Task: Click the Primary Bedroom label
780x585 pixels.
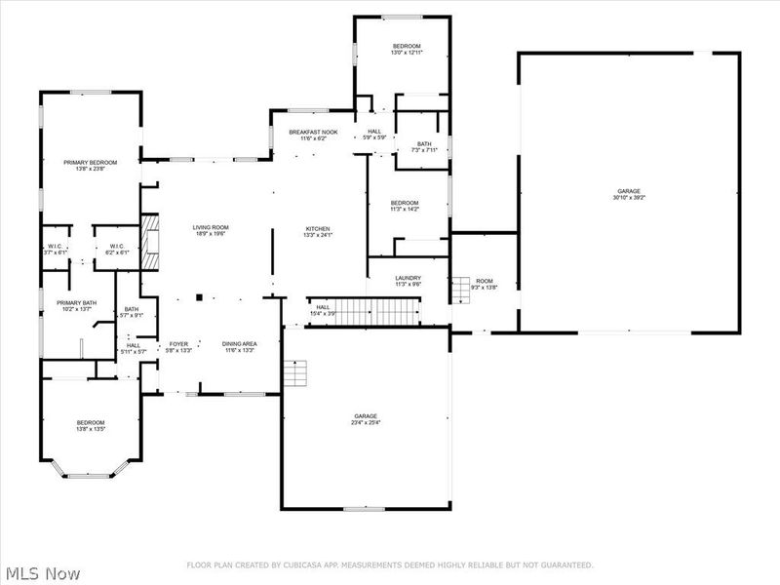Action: pyautogui.click(x=90, y=162)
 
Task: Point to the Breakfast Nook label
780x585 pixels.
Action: pyautogui.click(x=313, y=132)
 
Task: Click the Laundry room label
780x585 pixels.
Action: pyautogui.click(x=408, y=279)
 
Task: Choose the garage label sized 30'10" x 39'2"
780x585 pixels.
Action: pyautogui.click(x=629, y=191)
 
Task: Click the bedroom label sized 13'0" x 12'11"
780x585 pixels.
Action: pyautogui.click(x=407, y=47)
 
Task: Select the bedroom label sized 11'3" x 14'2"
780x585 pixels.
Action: pyautogui.click(x=405, y=203)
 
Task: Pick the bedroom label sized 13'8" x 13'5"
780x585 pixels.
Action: pyautogui.click(x=91, y=422)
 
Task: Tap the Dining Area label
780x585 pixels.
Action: pyautogui.click(x=239, y=344)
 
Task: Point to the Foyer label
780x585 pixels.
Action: pyautogui.click(x=178, y=344)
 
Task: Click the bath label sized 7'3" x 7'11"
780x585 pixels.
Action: pyautogui.click(x=424, y=144)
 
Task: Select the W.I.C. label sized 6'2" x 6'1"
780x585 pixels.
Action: pyautogui.click(x=115, y=246)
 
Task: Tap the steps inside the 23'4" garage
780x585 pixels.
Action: pyautogui.click(x=294, y=373)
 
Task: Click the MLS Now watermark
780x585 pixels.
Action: pyautogui.click(x=41, y=573)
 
